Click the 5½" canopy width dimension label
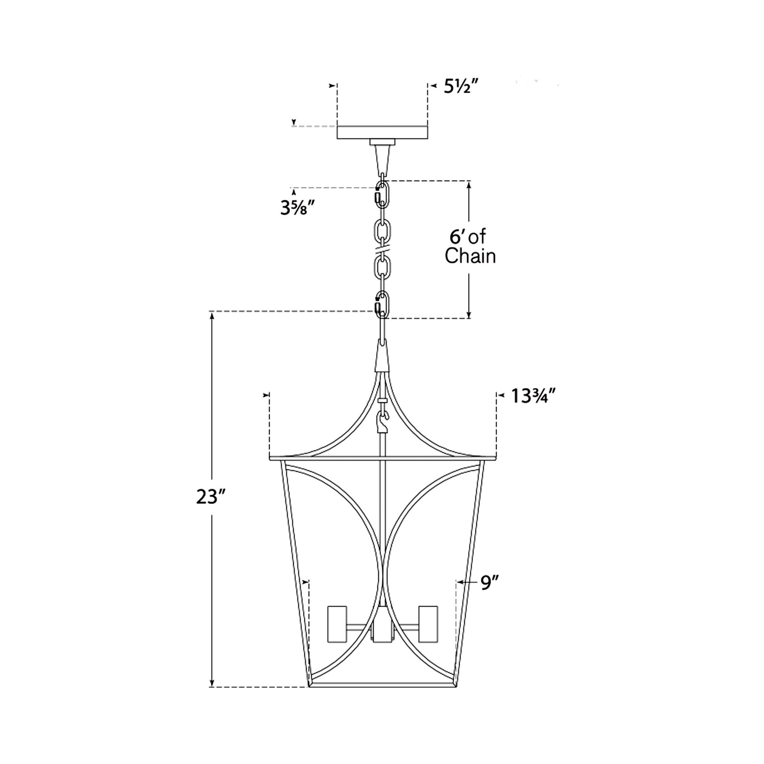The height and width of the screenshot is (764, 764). pyautogui.click(x=461, y=86)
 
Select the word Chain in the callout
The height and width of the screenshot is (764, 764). pyautogui.click(x=470, y=256)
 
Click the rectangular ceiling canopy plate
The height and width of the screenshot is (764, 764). pyautogui.click(x=382, y=132)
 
